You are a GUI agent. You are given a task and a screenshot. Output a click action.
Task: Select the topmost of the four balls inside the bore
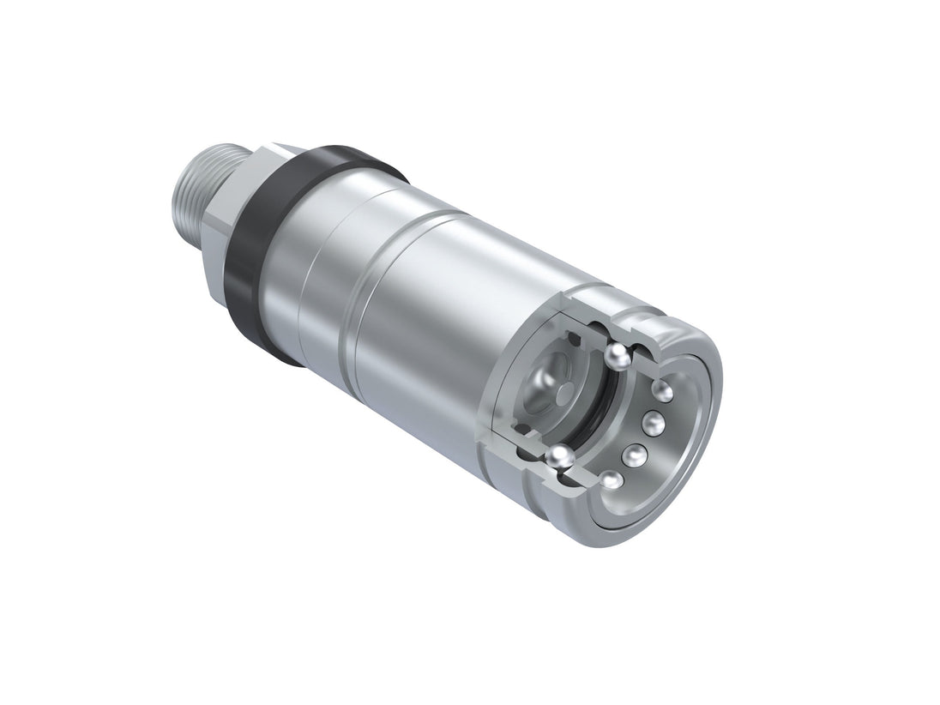[x=663, y=391]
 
